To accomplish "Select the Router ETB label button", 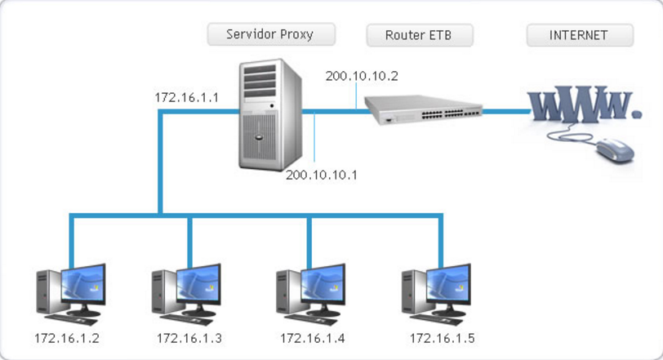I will pos(420,36).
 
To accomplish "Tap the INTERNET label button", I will pos(579,35).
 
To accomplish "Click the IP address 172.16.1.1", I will pos(187,98).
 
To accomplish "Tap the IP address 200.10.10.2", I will pos(362,76).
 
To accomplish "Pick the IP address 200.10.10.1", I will pos(322,175).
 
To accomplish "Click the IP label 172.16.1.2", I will pos(67,338).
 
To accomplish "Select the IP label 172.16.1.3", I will pos(189,338).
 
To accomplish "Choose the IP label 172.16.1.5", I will pos(442,338).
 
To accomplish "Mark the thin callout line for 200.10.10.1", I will pos(316,143).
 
